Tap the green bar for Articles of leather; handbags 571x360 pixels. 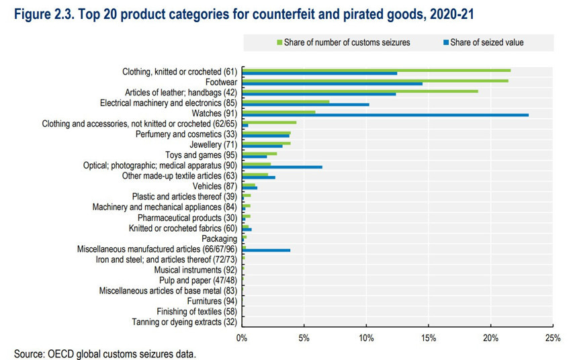(x=359, y=91)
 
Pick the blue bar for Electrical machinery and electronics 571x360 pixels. (x=306, y=104)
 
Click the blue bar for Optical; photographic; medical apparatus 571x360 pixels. (x=282, y=167)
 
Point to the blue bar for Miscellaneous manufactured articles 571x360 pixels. (x=266, y=250)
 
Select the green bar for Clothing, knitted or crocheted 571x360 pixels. (x=376, y=70)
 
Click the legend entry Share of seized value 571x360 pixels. (x=488, y=43)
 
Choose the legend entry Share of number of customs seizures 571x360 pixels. (x=346, y=43)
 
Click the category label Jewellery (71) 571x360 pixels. (x=214, y=144)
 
